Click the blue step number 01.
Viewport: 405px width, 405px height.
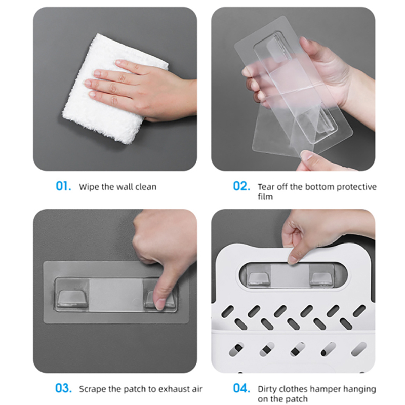tap(63, 186)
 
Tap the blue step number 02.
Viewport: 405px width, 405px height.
tap(241, 186)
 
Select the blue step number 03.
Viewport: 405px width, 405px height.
tap(64, 388)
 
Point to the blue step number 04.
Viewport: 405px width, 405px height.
tap(241, 388)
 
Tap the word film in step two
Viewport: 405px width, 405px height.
tap(265, 197)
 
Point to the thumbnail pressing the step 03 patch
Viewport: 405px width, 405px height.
tap(160, 304)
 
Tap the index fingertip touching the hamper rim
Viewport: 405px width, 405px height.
tap(293, 258)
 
